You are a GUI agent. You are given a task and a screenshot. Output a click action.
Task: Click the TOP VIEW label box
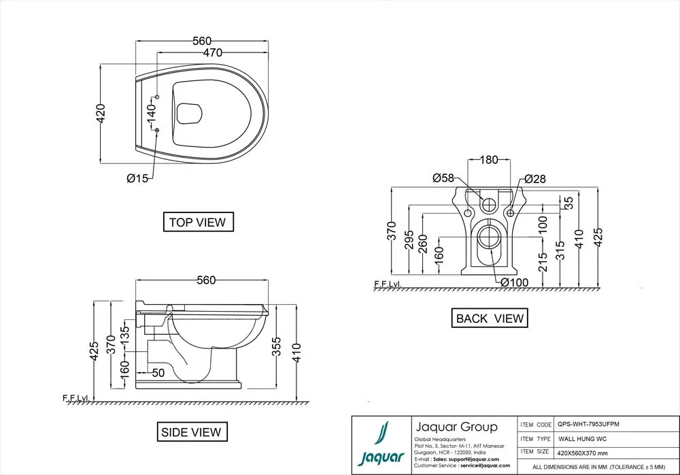point(198,222)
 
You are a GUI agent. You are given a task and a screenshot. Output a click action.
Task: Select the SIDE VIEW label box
point(192,432)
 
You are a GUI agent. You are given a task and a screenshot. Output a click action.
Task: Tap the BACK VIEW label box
point(490,318)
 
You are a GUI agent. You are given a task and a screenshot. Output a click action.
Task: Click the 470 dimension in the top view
point(212,52)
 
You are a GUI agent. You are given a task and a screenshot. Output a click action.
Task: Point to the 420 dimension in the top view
point(100,114)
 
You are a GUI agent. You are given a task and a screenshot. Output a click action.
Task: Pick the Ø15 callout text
point(137,178)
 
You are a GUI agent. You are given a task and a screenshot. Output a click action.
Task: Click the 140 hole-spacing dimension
point(151,113)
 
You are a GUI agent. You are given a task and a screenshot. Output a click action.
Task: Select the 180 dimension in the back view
point(489,160)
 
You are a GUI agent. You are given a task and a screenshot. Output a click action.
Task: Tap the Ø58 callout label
point(443,178)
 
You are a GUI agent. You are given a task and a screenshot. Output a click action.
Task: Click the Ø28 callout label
point(535,179)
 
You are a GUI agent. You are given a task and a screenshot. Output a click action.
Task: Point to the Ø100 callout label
point(514,282)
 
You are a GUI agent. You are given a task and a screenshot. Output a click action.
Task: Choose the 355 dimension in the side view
point(276,346)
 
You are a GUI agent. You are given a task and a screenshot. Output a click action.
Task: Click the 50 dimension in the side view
point(158,373)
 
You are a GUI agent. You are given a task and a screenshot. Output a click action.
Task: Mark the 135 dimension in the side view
point(124,335)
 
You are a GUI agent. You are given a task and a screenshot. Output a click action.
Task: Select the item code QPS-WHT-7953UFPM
point(588,424)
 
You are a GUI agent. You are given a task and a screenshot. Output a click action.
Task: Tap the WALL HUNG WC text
point(583,439)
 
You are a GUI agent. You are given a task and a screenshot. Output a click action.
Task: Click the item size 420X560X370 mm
point(583,453)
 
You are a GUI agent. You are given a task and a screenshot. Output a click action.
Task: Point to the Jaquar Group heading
point(456,427)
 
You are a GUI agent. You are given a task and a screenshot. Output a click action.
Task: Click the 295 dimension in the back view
point(409,240)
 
